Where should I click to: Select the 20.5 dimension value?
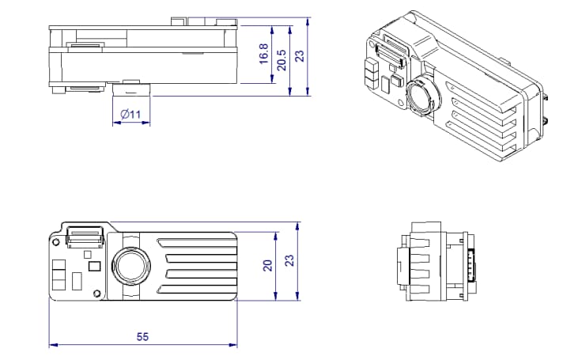point(282,59)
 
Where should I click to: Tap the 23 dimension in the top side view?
point(299,56)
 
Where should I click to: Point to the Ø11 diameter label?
point(131,115)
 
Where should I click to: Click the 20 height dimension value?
point(267,267)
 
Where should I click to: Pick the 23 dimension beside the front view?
point(289,261)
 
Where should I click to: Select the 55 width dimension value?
point(142,336)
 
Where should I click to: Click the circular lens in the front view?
point(131,265)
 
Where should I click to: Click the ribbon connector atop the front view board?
point(85,235)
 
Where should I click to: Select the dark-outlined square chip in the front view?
point(96,267)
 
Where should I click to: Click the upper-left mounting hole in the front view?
point(57,237)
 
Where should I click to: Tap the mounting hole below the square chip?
point(96,295)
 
